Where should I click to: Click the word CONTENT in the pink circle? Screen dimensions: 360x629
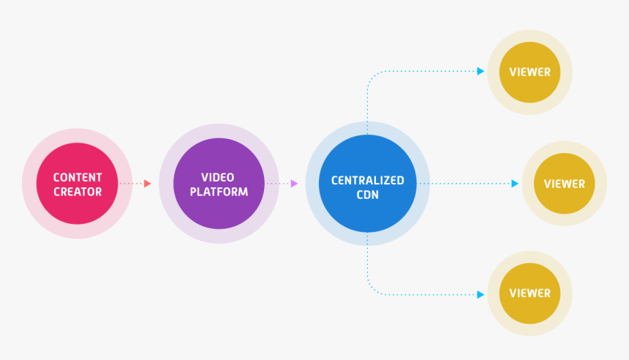point(78,177)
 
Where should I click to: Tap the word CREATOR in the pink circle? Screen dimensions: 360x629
point(78,192)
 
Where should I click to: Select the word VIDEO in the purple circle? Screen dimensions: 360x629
point(218,177)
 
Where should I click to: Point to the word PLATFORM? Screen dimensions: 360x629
point(218,192)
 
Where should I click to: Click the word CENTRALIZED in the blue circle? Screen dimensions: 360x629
point(367,180)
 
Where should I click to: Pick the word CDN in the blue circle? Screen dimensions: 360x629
point(367,195)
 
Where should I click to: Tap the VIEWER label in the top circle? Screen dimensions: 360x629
point(530,72)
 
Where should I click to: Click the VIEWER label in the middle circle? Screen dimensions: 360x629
point(564,184)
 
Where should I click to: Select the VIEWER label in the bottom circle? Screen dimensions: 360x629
point(530,293)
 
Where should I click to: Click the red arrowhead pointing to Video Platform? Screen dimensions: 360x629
point(148,184)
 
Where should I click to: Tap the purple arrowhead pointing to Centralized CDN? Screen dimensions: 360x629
point(294,184)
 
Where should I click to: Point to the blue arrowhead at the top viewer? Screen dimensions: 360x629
point(481,71)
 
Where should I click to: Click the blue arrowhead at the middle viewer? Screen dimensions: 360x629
point(515,184)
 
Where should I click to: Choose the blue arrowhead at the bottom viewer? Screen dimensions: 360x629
point(481,294)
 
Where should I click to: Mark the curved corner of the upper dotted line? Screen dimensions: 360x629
point(370,75)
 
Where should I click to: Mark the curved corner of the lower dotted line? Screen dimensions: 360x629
point(370,290)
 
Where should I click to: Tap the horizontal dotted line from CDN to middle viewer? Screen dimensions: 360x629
point(468,184)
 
